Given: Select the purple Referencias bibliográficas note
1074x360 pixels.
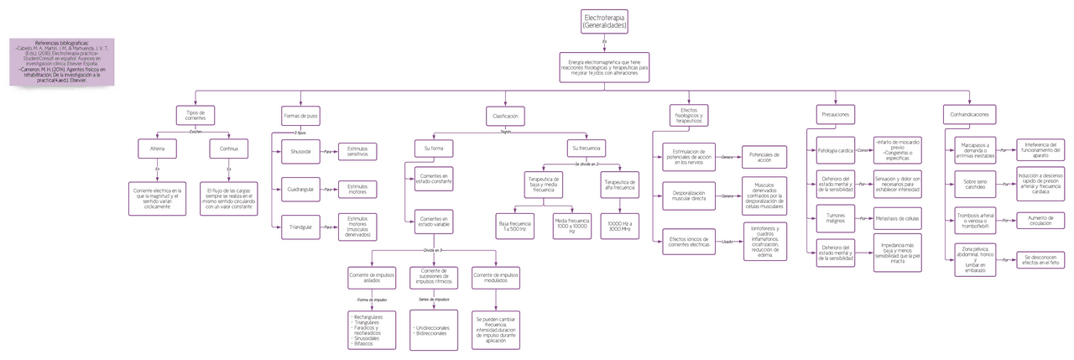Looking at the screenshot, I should tap(61, 60).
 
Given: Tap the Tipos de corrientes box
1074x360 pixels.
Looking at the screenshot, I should tap(195, 116).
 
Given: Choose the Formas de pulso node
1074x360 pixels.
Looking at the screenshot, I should tap(300, 116).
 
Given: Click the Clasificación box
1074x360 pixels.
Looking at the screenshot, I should tap(505, 116).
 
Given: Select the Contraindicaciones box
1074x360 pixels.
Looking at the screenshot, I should tap(968, 113).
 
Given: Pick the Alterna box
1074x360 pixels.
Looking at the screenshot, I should tap(157, 149).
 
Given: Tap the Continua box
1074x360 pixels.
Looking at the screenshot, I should tap(229, 149).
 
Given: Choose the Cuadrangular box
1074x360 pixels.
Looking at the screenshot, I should tap(300, 190).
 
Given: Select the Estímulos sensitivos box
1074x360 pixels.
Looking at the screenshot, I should tap(357, 151).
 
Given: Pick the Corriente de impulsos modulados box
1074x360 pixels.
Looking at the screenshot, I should tap(496, 278).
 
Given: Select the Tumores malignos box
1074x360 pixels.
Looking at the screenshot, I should tap(835, 217).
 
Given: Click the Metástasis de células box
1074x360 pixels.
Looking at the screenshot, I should tap(897, 217).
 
